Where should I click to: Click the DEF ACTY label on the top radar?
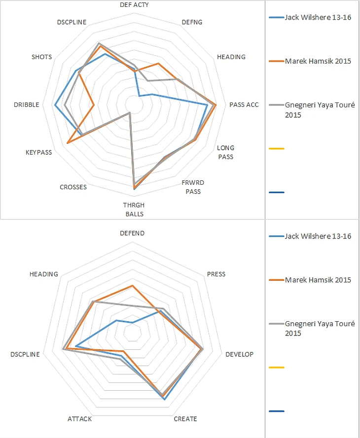pyautogui.click(x=135, y=4)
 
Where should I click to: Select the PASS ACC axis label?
pyautogui.click(x=244, y=104)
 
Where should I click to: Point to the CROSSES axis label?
pyautogui.click(x=73, y=187)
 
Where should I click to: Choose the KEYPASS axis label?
pyautogui.click(x=38, y=152)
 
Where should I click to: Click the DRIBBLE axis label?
pyautogui.click(x=27, y=104)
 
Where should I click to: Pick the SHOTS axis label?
pyautogui.click(x=41, y=57)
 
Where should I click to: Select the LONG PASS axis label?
pyautogui.click(x=226, y=152)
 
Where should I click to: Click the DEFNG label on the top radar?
pyautogui.click(x=192, y=22)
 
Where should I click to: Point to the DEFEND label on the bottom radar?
pyautogui.click(x=132, y=233)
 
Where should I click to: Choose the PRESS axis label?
pyautogui.click(x=216, y=274)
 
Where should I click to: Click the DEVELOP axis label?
pyautogui.click(x=239, y=354)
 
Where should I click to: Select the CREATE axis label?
pyautogui.click(x=185, y=419)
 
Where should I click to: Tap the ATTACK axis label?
pyautogui.click(x=79, y=419)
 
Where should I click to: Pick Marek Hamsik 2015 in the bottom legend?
pyautogui.click(x=318, y=280)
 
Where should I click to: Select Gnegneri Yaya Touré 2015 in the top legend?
pyautogui.click(x=318, y=110)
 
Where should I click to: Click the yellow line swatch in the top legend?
pyautogui.click(x=277, y=148)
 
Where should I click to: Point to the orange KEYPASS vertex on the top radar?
pyautogui.click(x=67, y=143)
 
